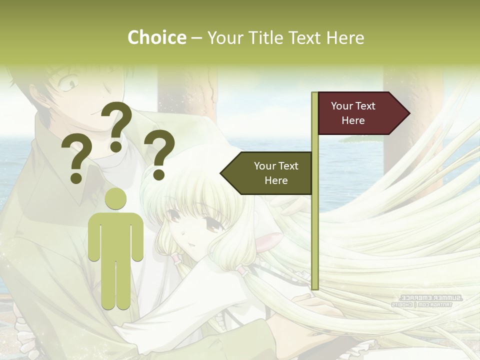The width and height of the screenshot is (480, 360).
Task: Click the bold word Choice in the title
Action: (x=156, y=37)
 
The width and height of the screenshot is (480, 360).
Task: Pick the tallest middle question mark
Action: (x=117, y=125)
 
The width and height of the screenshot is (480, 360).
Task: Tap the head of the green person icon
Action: (x=115, y=198)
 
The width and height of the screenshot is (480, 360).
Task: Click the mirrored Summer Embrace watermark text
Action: (x=427, y=298)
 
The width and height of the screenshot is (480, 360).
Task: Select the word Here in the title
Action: (x=345, y=37)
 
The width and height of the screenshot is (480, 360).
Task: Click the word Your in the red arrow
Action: (x=342, y=106)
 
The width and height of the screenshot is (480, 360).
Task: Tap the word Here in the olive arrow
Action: (x=276, y=180)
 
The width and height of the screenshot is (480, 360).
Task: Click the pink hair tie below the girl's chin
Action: (x=174, y=258)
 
